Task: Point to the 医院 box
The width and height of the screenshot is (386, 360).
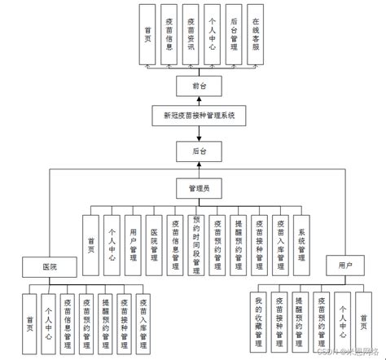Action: (50, 266)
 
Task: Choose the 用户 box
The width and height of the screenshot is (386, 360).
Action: (345, 266)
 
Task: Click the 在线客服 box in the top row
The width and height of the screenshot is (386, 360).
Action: (257, 37)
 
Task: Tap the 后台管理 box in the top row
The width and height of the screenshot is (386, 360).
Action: (235, 37)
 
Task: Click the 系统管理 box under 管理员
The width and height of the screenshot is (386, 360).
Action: (300, 239)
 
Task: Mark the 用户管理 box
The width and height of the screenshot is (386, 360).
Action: (133, 239)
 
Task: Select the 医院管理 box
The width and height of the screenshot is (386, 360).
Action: (154, 239)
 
